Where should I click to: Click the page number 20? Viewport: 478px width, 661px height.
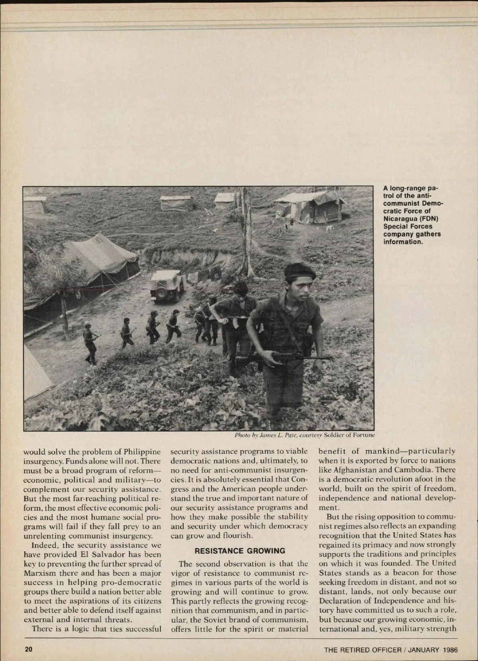[28, 649]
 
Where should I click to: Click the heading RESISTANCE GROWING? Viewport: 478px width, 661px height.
[240, 551]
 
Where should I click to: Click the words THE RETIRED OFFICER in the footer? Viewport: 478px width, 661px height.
[362, 650]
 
